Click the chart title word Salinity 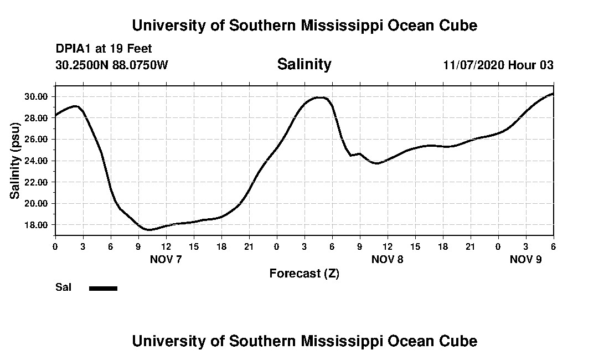(304, 64)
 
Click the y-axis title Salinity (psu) (15, 161)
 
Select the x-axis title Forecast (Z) (304, 273)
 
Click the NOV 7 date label (166, 259)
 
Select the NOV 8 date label (387, 259)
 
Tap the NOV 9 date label (525, 259)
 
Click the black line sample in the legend (103, 288)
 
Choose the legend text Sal (63, 287)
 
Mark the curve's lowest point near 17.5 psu (149, 229)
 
